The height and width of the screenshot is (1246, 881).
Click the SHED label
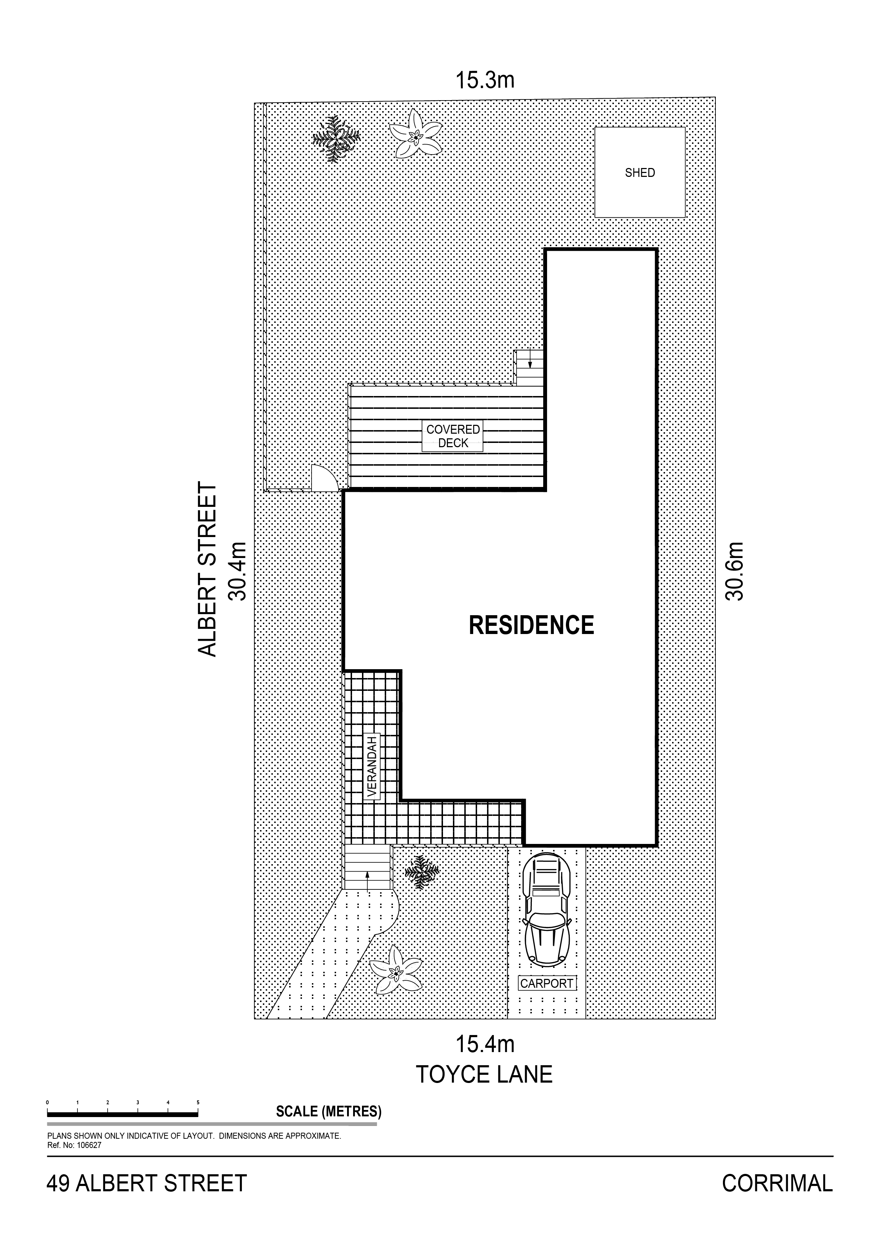(x=640, y=173)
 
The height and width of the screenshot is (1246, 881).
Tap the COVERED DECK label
(x=453, y=436)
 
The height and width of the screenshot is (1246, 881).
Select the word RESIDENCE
(x=531, y=625)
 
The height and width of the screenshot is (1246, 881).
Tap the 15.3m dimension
(x=484, y=80)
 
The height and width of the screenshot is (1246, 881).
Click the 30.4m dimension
(x=237, y=571)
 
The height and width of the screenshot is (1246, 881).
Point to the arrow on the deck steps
(x=530, y=359)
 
